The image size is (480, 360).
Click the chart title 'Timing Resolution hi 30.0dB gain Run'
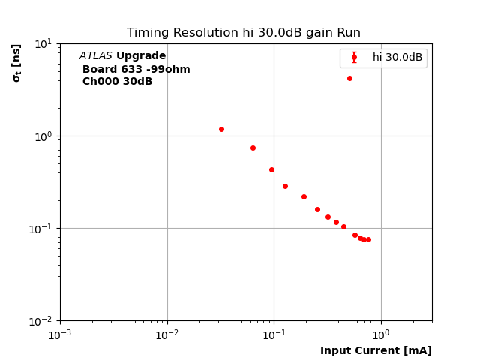tap(243, 33)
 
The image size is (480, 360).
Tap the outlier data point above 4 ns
tap(349, 78)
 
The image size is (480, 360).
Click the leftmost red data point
tap(221, 129)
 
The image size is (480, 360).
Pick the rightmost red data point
tap(368, 239)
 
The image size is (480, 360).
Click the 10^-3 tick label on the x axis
tap(60, 334)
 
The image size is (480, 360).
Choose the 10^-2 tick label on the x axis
tap(167, 334)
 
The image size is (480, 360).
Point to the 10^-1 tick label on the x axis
tap(274, 334)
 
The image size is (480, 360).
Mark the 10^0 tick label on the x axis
tap(381, 334)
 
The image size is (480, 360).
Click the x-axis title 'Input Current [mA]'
tap(376, 350)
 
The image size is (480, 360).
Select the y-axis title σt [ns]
tap(16, 62)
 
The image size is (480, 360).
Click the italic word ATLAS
tap(96, 56)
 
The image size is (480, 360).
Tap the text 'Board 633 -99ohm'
tap(136, 70)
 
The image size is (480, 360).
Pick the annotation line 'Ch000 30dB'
tap(117, 82)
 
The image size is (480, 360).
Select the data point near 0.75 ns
tap(253, 148)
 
